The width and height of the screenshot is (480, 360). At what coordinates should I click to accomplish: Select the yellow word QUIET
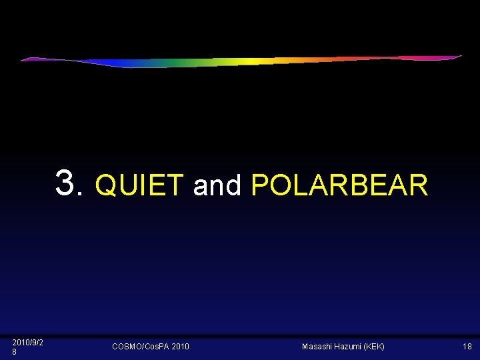(139, 185)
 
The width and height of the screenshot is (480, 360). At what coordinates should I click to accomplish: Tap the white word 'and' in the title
(217, 185)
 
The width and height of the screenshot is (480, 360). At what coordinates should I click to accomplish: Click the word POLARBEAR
(339, 185)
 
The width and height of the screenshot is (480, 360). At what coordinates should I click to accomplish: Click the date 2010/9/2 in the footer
(28, 342)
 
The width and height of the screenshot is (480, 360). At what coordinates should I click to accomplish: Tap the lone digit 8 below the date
(15, 351)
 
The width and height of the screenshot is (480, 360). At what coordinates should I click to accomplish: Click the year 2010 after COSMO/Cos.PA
(180, 347)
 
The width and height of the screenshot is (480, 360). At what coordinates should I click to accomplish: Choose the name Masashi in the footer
(317, 347)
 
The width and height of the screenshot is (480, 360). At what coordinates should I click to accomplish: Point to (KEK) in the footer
(375, 347)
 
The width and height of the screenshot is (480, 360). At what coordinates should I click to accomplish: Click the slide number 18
(467, 347)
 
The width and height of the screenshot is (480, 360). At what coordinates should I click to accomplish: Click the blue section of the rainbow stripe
(127, 65)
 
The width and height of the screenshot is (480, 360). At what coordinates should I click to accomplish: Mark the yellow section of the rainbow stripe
(250, 62)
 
